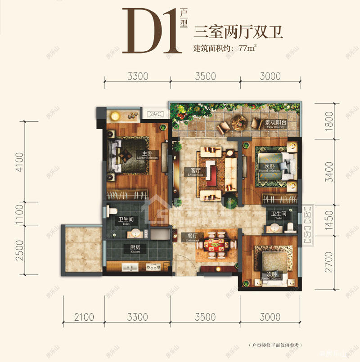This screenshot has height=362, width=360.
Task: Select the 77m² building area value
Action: [x=251, y=48]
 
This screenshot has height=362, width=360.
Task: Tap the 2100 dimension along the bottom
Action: [x=84, y=317]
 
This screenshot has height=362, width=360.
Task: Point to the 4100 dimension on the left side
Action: [x=19, y=161]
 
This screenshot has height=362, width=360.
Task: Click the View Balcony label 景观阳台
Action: [x=275, y=123]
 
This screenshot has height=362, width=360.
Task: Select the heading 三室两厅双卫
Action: [x=238, y=33]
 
